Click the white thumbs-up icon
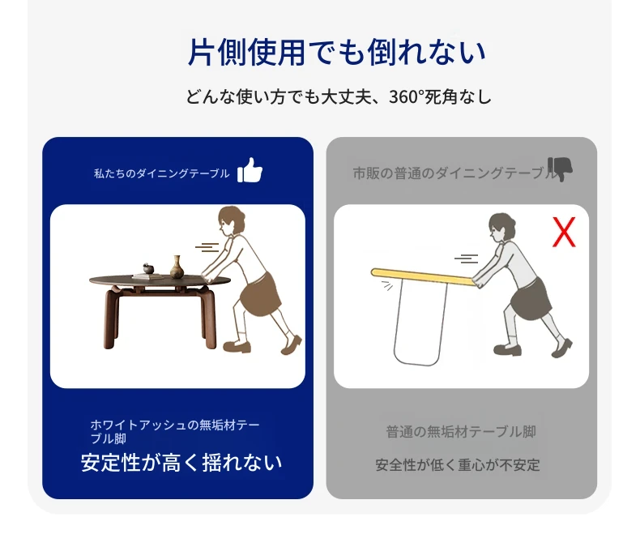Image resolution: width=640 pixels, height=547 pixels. click(250, 170)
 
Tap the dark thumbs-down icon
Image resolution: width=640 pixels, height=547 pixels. click(560, 169)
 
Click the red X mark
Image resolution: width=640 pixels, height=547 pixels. click(564, 232)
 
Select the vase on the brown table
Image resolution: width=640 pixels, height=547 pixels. click(176, 267)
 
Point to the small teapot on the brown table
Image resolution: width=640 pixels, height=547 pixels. click(147, 268)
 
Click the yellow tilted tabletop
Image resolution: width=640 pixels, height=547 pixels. click(424, 277)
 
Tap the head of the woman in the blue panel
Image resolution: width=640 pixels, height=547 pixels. click(231, 221)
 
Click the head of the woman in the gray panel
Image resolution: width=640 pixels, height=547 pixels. click(501, 227)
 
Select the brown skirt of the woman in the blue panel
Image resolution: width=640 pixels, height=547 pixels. click(260, 294)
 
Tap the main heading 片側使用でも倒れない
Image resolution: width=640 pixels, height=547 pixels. click(337, 52)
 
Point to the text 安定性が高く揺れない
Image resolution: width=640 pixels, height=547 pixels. click(181, 463)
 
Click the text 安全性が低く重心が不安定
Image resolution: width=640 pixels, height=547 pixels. click(458, 465)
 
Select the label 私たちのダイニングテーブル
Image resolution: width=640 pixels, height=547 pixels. click(162, 174)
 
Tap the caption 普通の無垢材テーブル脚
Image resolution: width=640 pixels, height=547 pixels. click(461, 431)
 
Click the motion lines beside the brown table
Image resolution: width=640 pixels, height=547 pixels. click(207, 247)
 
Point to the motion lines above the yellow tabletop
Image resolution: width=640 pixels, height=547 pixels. click(466, 259)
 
